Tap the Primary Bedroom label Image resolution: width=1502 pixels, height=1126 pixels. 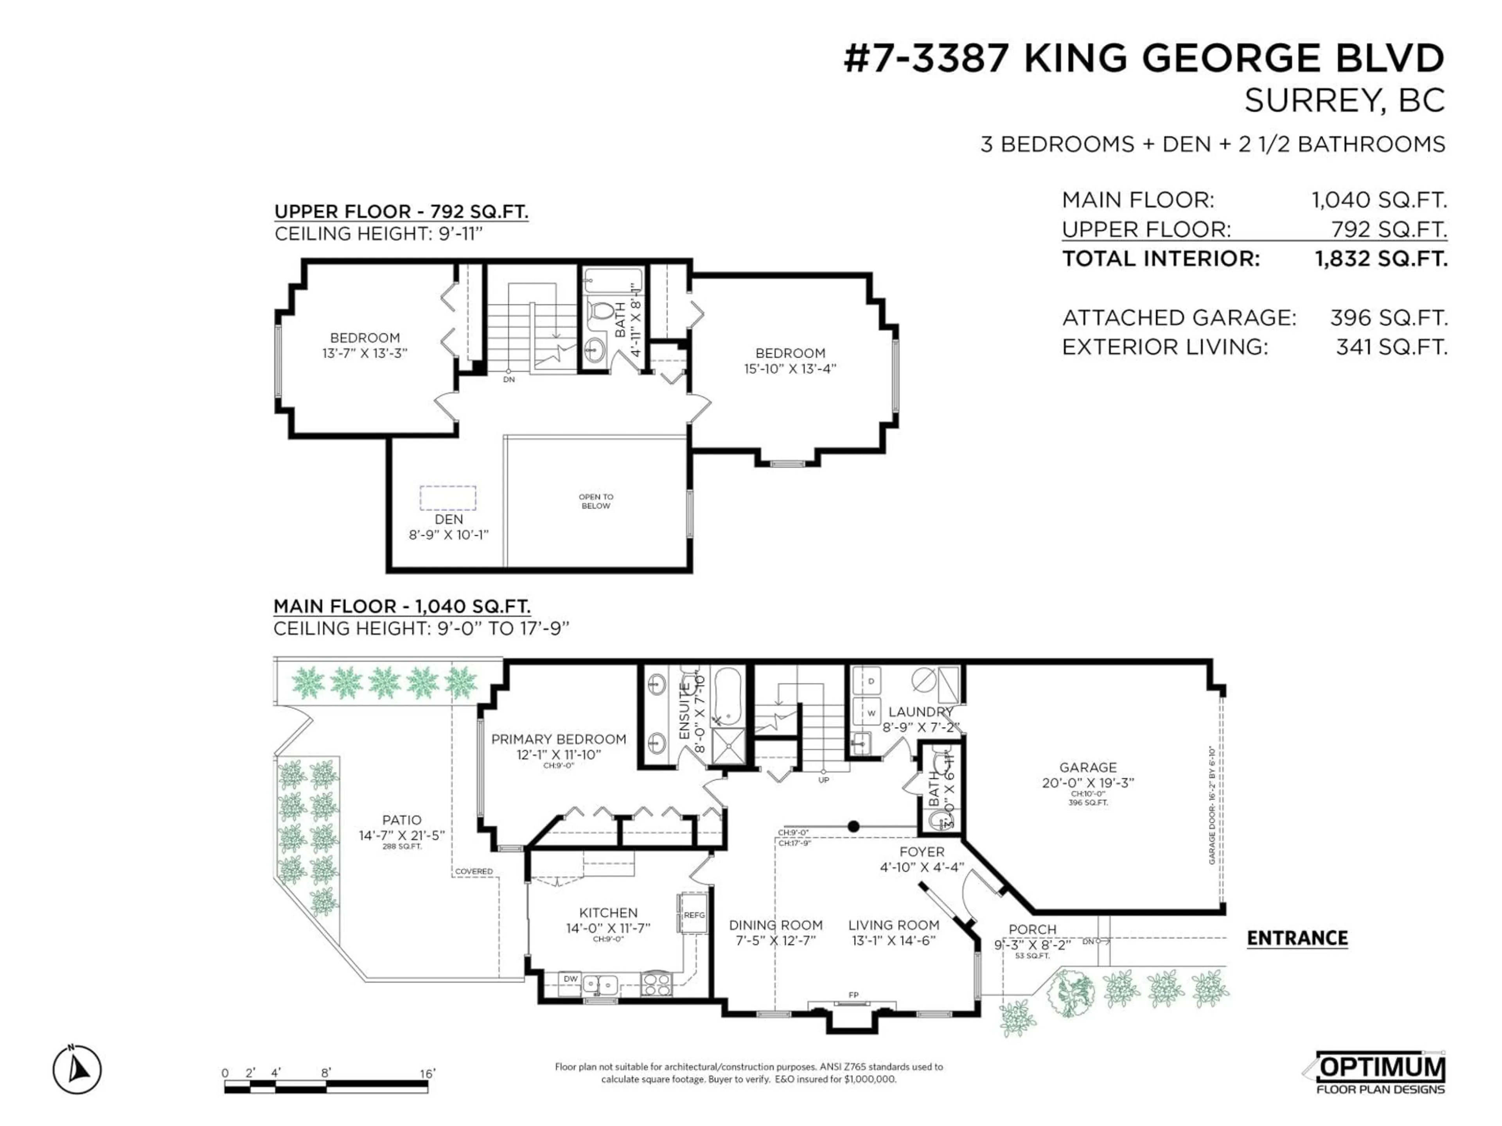558,739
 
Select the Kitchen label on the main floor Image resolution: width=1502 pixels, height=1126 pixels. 608,913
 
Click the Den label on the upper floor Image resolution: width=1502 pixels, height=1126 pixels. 448,519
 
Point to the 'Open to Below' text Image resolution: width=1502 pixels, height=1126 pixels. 595,501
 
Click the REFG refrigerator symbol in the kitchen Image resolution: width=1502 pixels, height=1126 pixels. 694,915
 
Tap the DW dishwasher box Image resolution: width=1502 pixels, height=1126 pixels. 570,979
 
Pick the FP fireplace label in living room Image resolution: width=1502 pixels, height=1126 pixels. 853,995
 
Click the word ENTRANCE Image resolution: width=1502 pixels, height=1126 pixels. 1297,938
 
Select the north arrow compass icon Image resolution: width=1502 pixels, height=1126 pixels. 77,1070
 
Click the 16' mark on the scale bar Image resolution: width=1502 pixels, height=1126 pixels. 427,1073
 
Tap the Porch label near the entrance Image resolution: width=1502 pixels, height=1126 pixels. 1032,929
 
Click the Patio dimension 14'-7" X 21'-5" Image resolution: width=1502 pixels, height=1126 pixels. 401,836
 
